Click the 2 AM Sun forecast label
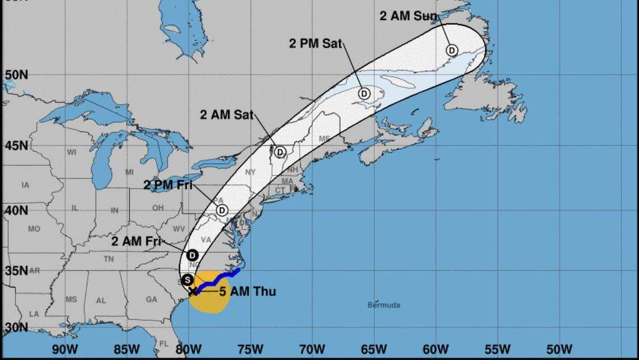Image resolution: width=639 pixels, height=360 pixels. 408,16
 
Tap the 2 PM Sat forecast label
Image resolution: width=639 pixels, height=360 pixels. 316,44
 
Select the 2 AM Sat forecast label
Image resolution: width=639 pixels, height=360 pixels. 226,115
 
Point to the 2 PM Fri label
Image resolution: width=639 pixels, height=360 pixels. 168,186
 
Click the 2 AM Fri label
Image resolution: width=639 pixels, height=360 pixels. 136,242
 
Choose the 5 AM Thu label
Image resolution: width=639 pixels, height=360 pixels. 247,292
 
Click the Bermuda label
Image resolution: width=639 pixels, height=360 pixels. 384,305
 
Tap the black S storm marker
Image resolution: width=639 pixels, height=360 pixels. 187,279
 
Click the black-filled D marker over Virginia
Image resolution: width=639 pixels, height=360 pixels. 192,254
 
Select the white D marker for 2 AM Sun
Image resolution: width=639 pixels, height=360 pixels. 452,50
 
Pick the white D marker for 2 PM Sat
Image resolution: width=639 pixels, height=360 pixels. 364,93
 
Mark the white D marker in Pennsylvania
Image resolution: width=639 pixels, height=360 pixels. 222,210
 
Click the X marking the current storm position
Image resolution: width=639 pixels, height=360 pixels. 193,290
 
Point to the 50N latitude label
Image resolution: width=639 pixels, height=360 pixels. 17,75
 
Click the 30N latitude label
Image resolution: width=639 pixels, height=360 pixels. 17,327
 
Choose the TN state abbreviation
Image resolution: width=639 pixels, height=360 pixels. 108,259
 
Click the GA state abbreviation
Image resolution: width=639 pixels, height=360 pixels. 151,299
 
